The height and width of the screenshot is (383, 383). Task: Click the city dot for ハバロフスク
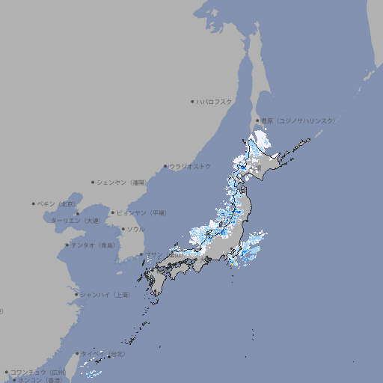192,101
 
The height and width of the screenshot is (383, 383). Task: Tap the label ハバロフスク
215,101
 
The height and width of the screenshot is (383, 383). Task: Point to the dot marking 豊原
257,120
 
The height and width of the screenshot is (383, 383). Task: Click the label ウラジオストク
190,166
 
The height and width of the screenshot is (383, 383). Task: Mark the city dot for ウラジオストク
165,166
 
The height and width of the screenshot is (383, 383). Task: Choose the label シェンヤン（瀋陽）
122,182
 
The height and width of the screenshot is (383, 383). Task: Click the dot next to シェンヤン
94,182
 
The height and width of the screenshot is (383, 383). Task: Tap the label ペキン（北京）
57,203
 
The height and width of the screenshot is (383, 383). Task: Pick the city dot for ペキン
34,203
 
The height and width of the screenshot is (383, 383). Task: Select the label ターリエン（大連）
75,221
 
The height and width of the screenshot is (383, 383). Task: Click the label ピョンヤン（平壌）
141,212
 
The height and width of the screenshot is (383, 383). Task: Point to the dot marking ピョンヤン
113,212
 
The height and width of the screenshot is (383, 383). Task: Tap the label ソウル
135,229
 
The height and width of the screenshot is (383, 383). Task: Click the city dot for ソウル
123,229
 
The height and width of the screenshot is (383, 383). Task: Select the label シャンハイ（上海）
105,295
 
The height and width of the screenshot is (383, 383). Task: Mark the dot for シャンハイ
76,295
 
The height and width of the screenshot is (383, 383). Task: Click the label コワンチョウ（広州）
38,372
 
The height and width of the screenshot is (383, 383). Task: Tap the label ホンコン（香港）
40,380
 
